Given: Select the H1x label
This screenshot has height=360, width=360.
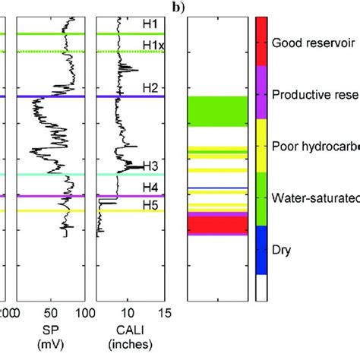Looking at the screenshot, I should pyautogui.click(x=153, y=46).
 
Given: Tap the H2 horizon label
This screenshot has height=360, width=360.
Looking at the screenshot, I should pyautogui.click(x=151, y=88).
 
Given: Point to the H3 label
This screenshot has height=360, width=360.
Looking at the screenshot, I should pyautogui.click(x=151, y=166).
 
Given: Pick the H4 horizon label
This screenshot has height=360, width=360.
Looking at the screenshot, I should pyautogui.click(x=151, y=186).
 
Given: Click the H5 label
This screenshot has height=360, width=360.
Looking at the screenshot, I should pyautogui.click(x=151, y=204).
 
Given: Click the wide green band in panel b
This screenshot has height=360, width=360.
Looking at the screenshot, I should pyautogui.click(x=218, y=111).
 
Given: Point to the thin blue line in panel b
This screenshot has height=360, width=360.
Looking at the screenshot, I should pyautogui.click(x=218, y=188).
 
